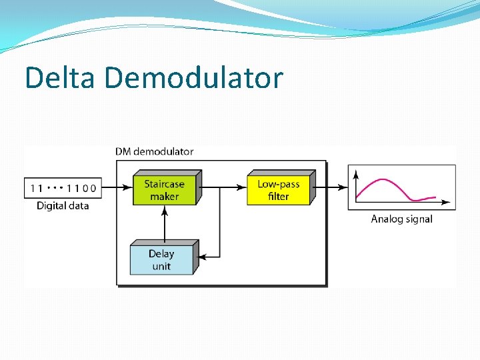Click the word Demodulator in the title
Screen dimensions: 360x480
194,78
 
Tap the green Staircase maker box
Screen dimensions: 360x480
164,189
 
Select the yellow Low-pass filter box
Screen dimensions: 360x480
279,189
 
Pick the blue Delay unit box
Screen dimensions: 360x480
161,259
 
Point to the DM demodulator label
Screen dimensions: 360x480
155,151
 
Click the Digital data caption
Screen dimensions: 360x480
63,205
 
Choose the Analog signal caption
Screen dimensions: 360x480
401,219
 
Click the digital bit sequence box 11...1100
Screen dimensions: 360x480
63,188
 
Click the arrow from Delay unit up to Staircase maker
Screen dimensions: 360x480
164,223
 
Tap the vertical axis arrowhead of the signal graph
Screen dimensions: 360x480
357,173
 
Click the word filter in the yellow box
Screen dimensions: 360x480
279,196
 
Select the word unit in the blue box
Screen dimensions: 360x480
161,266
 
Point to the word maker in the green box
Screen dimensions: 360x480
164,196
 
